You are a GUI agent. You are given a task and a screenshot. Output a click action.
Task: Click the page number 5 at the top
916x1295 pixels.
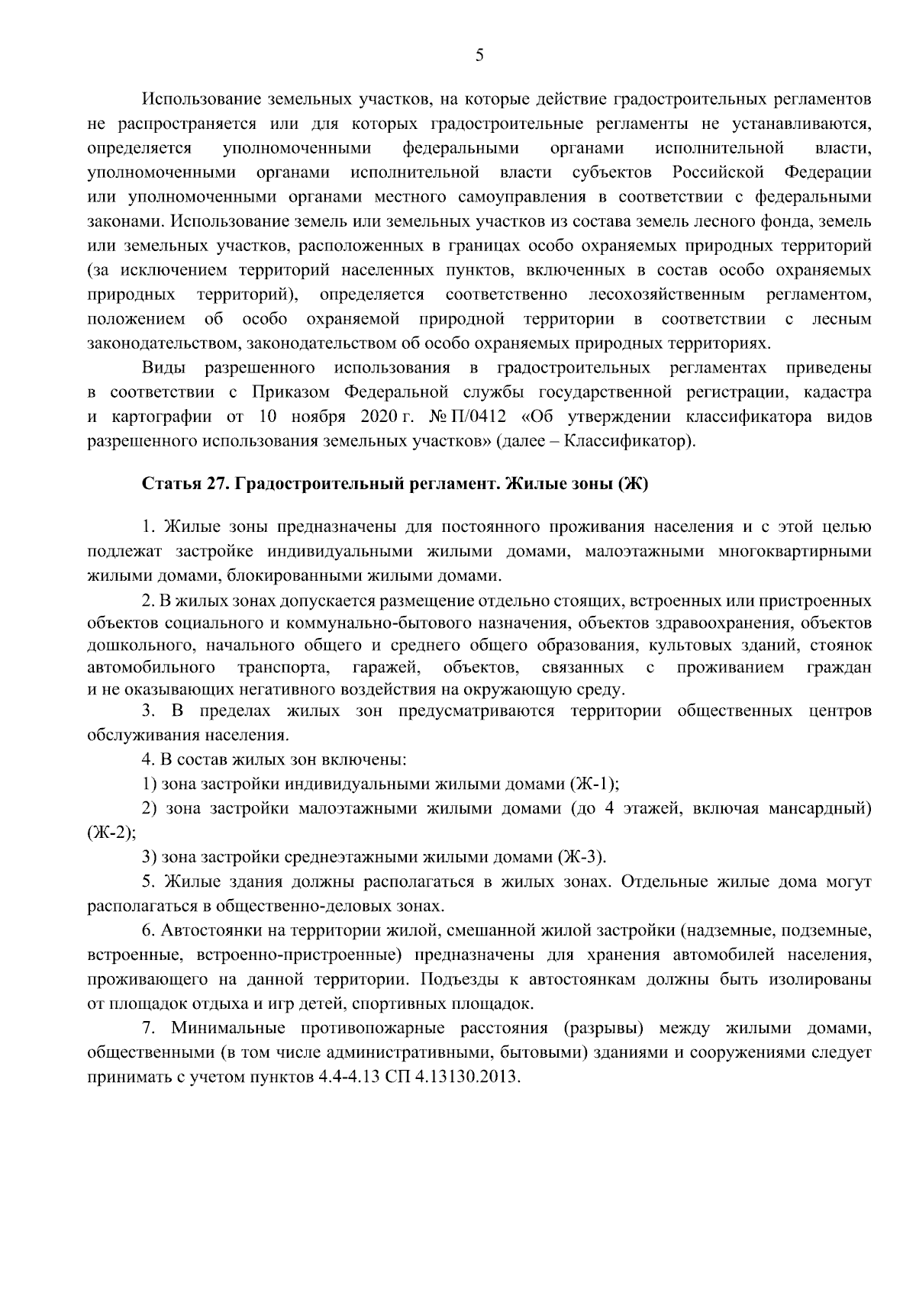(479, 55)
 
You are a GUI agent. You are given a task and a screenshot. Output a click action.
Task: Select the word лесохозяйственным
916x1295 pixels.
(666, 295)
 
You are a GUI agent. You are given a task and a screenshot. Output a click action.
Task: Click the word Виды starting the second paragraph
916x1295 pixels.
(163, 368)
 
